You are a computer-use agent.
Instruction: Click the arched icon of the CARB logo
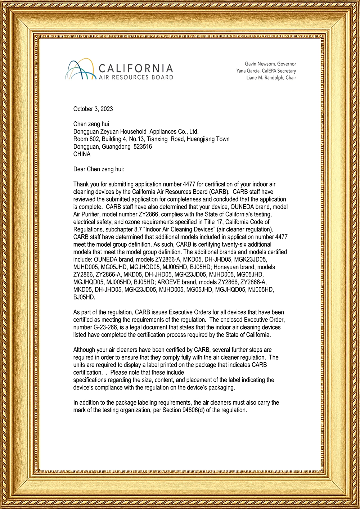coord(80,69)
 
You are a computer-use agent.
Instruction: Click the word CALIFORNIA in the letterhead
coord(135,68)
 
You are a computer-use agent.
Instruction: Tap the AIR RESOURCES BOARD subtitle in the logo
coord(136,77)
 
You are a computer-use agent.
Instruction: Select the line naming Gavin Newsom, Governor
coord(270,64)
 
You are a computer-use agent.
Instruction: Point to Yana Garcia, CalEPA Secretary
coord(266,71)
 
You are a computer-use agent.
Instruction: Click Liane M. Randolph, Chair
coord(271,78)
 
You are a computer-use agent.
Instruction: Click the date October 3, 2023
coord(93,109)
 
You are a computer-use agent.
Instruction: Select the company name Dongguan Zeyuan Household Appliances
coord(136,131)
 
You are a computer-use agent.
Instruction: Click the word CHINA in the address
coord(82,154)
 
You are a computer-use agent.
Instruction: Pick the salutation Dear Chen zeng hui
coord(98,169)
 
